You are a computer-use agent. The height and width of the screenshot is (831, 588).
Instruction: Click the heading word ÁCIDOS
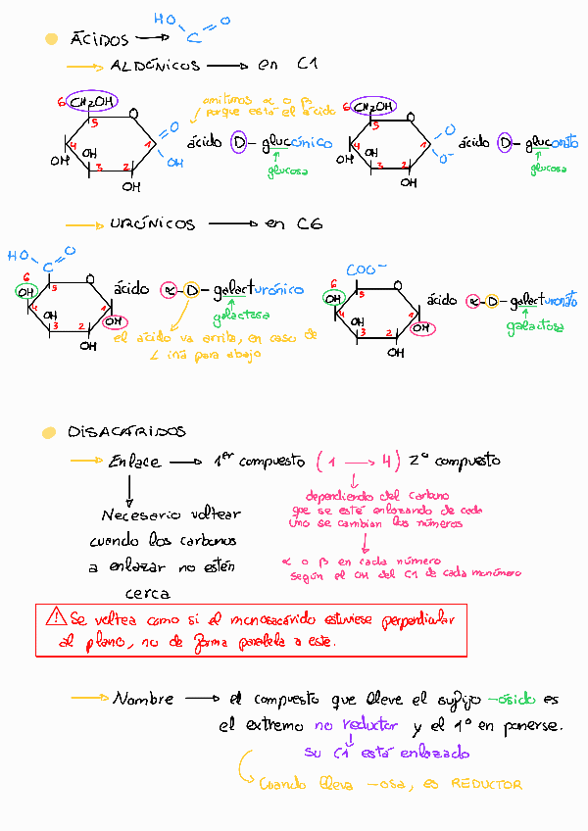click(100, 41)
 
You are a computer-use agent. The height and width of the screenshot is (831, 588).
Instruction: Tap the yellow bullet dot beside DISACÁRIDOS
click(48, 432)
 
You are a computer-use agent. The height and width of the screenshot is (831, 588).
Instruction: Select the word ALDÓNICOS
click(155, 67)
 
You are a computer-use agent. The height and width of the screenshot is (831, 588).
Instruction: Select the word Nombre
click(144, 700)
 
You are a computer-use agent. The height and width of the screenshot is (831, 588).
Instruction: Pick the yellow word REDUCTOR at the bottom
click(486, 784)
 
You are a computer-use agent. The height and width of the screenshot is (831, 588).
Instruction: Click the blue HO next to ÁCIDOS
click(165, 17)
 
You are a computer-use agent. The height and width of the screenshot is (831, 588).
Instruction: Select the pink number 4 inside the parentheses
click(388, 461)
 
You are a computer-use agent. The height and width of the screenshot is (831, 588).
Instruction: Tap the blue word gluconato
click(552, 144)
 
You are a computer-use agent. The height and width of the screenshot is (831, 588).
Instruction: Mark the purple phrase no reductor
click(356, 726)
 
